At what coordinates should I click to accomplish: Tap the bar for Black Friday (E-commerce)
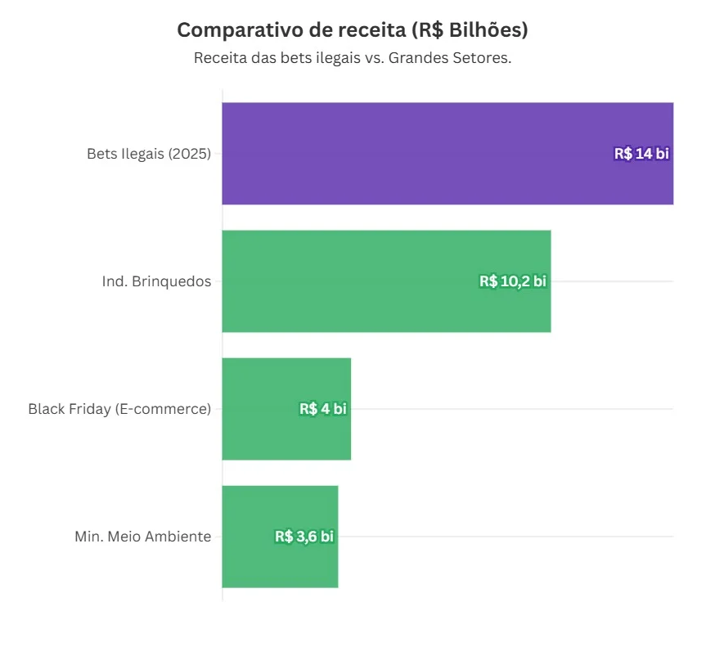pos(262,409)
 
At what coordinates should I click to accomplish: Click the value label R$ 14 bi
pos(641,154)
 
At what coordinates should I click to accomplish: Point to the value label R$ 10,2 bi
pos(512,281)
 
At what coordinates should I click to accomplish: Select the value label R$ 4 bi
pos(322,409)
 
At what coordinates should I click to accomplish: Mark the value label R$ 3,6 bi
pos(304,537)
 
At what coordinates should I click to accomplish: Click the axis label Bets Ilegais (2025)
pos(149,154)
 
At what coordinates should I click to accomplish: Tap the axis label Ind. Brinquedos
pos(156,281)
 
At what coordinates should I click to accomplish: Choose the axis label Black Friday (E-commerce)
pos(119,409)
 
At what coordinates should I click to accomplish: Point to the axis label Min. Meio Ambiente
pos(142,537)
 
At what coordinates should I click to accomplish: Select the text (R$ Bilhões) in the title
pos(470,30)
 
